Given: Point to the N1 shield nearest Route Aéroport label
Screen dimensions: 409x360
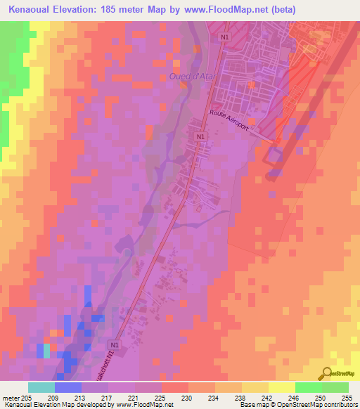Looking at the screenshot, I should pos(200,136).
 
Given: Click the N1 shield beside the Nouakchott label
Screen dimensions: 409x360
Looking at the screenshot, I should pos(115,346).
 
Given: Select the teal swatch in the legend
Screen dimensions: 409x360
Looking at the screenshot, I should pos(41,387).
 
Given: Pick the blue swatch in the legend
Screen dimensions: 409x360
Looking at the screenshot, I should pos(67,387).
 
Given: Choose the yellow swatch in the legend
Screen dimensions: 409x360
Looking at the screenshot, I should pos(281,387).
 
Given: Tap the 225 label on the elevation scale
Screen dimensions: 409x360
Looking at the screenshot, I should pos(161,397).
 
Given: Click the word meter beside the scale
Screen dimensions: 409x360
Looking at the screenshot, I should pos(10,397).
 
